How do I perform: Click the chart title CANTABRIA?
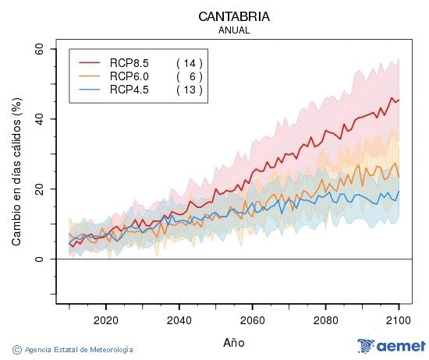coord(234,16)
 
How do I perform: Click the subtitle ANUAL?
coord(234,30)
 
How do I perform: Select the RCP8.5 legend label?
coord(129,62)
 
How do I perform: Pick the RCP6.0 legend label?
coord(129,76)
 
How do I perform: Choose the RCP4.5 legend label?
coord(129,90)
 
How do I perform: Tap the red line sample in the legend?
coord(90,62)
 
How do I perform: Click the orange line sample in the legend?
coord(90,76)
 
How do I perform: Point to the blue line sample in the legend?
coord(90,90)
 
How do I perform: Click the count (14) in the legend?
coord(190,62)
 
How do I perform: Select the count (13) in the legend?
coord(190,90)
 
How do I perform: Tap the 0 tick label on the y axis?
coord(40,259)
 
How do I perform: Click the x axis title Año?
coord(234,342)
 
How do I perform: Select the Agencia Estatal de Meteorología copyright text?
coord(73,350)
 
